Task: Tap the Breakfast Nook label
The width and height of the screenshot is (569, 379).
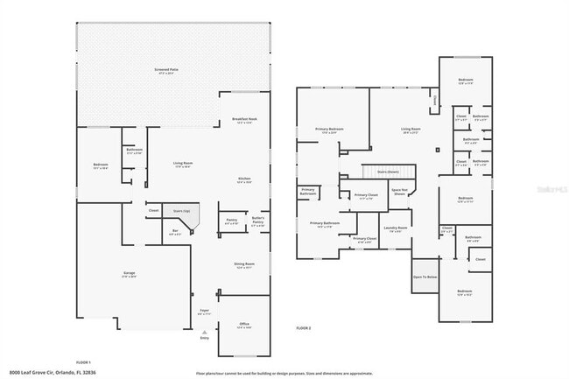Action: tap(244, 120)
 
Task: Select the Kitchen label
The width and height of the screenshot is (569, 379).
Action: tap(244, 179)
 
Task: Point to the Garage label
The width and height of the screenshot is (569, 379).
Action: tap(129, 274)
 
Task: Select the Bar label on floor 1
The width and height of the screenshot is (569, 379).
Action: tap(175, 231)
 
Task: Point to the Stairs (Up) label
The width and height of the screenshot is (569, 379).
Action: tap(181, 210)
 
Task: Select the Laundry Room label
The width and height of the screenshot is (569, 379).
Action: tap(392, 230)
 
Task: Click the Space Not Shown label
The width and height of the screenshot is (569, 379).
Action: tap(399, 193)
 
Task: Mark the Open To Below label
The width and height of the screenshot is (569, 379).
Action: tap(425, 277)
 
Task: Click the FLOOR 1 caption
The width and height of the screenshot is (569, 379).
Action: tap(84, 361)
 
